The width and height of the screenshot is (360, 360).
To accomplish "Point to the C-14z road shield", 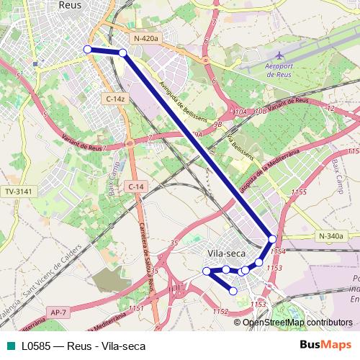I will pos(115,98).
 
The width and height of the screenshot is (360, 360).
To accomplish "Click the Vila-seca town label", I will pos(226,253).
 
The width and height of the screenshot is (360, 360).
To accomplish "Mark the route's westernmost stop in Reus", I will pos(87,49).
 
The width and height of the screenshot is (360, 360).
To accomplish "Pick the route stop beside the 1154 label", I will pos(272,239).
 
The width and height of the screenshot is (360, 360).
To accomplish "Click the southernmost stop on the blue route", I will pos(233,291).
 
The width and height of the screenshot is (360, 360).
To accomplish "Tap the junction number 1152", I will pos(220,311).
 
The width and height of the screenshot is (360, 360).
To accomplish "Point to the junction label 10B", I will pos(260,112).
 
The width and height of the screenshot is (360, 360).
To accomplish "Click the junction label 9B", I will pos(217,124).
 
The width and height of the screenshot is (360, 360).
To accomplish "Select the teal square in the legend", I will pos(9,346).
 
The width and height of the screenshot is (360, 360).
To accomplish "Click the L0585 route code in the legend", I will pos(35,346).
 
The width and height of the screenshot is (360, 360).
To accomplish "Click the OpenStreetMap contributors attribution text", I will pos(297,323).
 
